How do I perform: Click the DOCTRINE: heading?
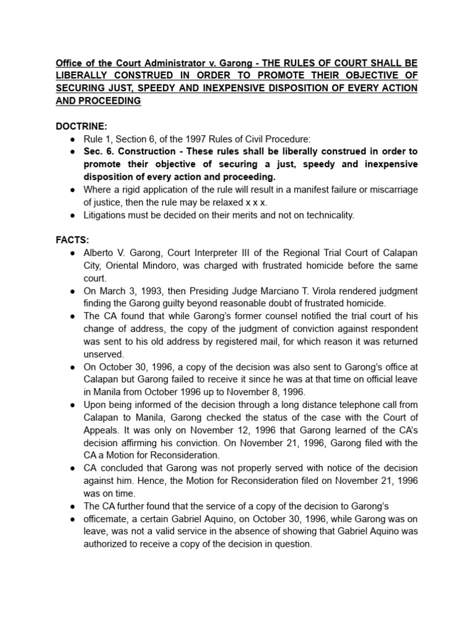81,126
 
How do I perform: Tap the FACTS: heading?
72,240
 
